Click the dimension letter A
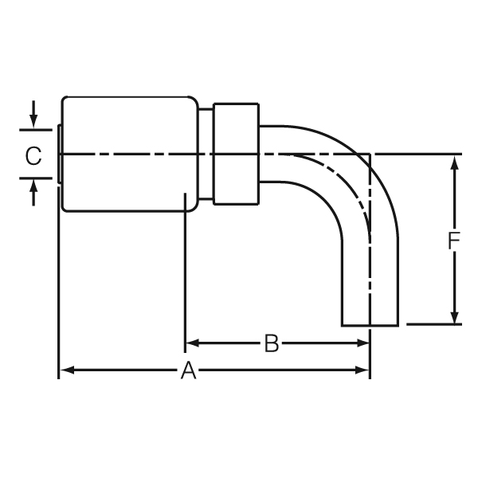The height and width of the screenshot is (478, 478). (x=188, y=370)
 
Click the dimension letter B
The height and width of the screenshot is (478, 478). (x=272, y=344)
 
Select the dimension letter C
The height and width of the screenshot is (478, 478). (x=33, y=155)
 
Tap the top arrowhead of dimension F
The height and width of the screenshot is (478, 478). (x=454, y=162)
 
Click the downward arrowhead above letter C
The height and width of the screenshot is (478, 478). (x=33, y=122)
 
